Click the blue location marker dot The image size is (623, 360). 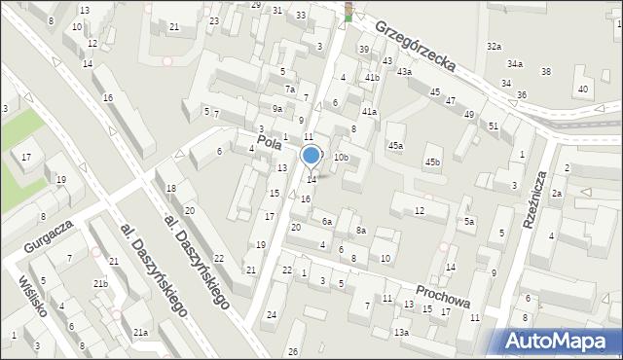[x=311, y=156]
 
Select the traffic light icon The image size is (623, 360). [x=348, y=12]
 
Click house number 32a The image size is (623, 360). [x=495, y=47]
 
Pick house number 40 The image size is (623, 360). [x=582, y=90]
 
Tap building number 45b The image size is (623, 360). [x=432, y=162]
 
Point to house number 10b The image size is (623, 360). [x=341, y=157]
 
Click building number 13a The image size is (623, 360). [x=401, y=333]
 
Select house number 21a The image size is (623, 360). [x=141, y=333]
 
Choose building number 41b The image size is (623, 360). [x=372, y=76]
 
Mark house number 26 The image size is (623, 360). [x=293, y=351]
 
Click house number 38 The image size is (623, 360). [x=545, y=71]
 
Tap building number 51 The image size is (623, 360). [x=494, y=126]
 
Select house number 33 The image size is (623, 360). [x=301, y=16]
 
